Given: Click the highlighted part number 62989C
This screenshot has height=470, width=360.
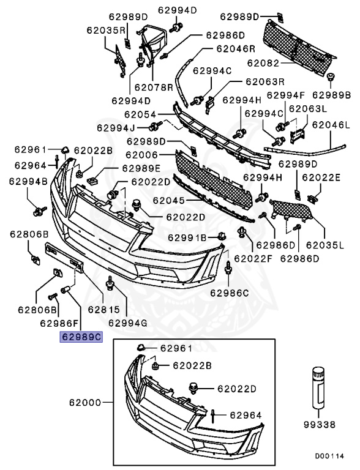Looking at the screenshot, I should tap(81, 337).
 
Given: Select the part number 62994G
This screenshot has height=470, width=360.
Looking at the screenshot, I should tap(128, 323).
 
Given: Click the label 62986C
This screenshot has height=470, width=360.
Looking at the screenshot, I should tap(230, 293).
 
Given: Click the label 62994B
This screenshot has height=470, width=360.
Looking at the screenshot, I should tap(28, 181).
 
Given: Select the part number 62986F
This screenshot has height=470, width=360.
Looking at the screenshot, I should tap(59, 323).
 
